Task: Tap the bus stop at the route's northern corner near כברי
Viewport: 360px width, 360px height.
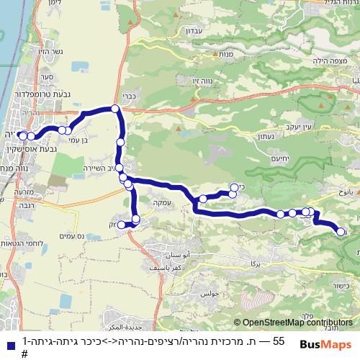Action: point(115,109)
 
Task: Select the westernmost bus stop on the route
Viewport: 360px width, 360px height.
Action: point(22,135)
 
